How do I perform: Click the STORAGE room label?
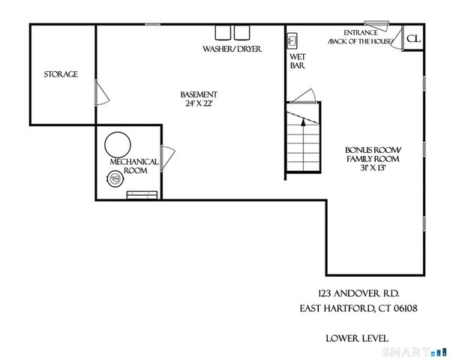(x=61, y=74)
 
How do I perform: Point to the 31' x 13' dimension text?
(x=372, y=168)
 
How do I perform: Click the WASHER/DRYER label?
(x=232, y=49)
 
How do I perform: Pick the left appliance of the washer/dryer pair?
(x=223, y=32)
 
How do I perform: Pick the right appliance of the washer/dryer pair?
(x=241, y=32)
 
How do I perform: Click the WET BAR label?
(x=297, y=61)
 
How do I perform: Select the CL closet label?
(x=413, y=38)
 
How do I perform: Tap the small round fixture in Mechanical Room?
(x=115, y=178)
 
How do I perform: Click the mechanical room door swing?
(x=168, y=159)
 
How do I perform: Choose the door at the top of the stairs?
(x=304, y=96)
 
